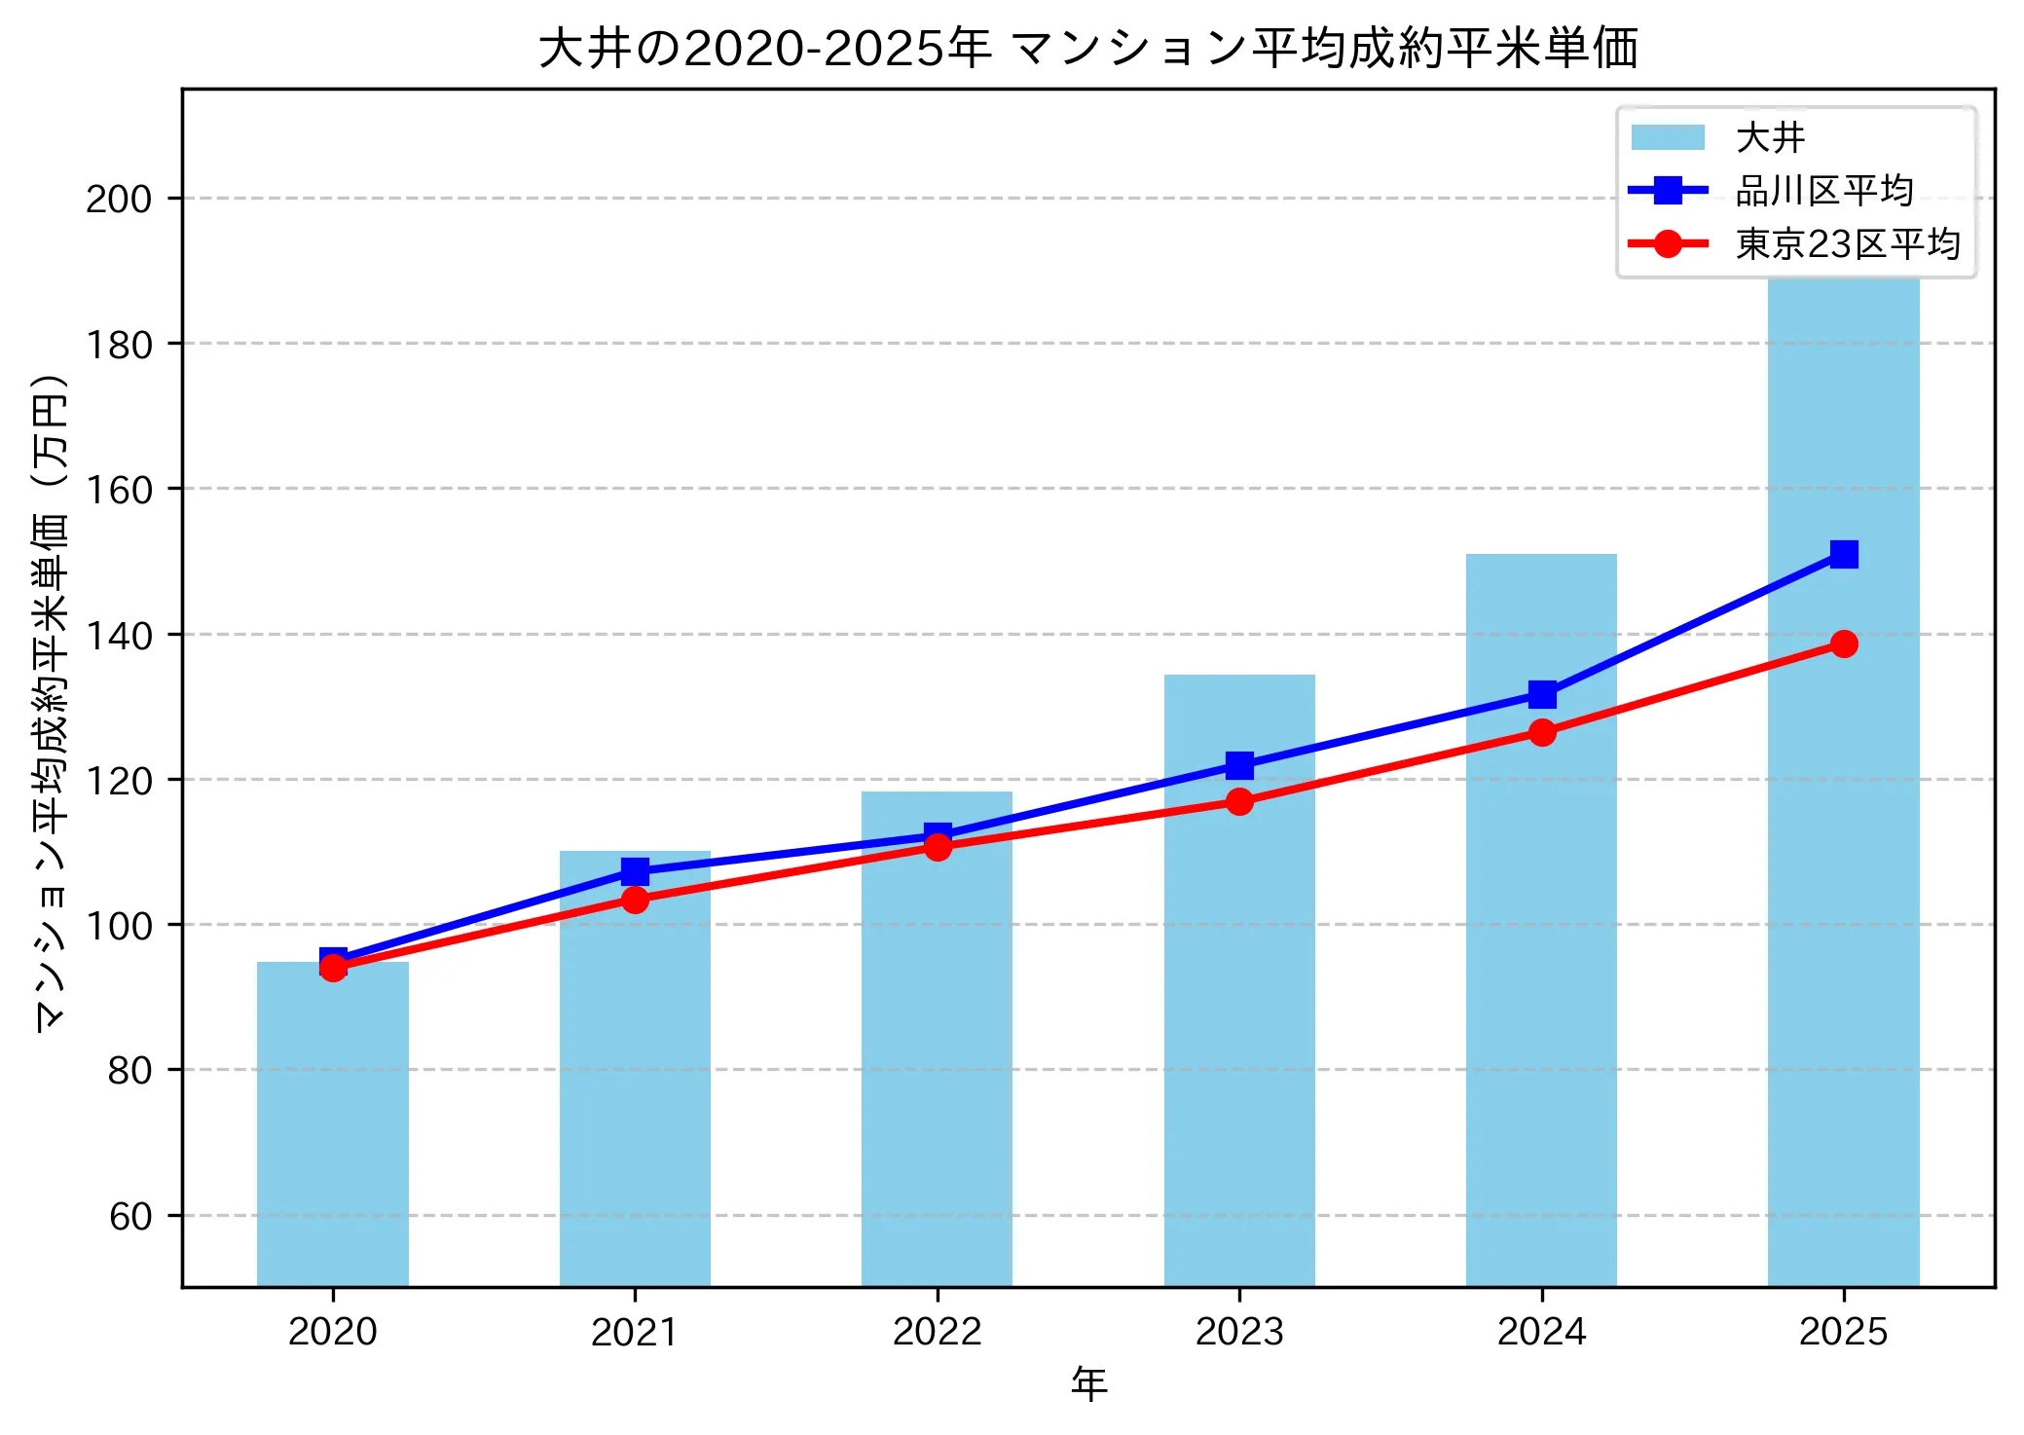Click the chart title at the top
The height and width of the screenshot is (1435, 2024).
1087,48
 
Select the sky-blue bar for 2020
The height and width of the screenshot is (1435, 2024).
333,1124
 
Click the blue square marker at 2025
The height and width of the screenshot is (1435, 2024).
1844,554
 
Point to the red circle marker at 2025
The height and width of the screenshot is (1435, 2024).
1844,644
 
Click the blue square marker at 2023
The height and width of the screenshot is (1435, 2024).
1239,765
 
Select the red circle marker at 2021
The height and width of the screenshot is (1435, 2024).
635,900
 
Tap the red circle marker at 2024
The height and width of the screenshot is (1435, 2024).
1541,732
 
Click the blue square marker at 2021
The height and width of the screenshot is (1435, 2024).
635,870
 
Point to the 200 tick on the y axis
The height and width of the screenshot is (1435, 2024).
119,199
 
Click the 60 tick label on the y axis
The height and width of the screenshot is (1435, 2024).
130,1216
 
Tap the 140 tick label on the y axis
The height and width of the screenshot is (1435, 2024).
119,635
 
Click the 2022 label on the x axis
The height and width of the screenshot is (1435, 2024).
937,1331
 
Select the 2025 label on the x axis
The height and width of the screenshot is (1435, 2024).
1843,1331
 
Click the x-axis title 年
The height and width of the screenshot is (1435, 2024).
1088,1384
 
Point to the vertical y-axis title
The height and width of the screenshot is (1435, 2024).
51,701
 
